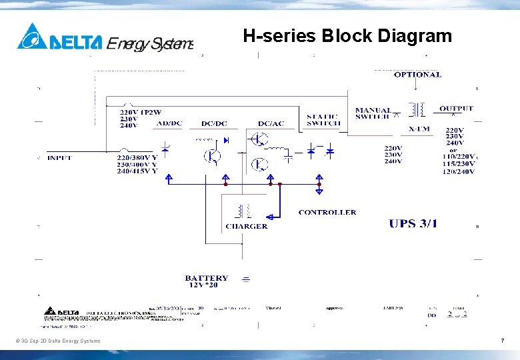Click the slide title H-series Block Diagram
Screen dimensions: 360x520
tap(347, 35)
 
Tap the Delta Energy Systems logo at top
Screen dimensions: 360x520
tap(105, 37)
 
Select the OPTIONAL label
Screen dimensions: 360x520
tap(417, 75)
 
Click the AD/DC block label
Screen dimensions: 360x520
tap(169, 123)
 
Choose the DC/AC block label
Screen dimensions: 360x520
tap(271, 123)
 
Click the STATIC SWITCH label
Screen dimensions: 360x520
tap(323, 120)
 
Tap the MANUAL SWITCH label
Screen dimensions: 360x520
tap(373, 113)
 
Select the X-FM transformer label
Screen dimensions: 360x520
tap(419, 129)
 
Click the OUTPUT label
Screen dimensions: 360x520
tap(456, 109)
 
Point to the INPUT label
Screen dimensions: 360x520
tap(59, 158)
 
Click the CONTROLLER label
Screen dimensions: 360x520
tap(327, 213)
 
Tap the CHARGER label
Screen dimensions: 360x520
tap(246, 226)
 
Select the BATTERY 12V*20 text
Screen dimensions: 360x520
tap(207, 281)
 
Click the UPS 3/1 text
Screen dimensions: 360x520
tap(413, 223)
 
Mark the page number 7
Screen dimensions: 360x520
tap(502, 341)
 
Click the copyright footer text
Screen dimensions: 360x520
tap(58, 341)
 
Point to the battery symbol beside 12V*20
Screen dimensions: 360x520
tap(245, 280)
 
